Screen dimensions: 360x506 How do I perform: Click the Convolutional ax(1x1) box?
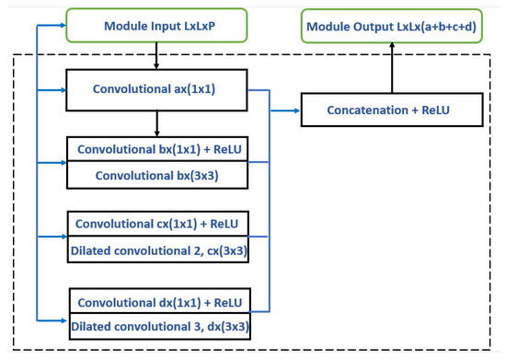point(157,90)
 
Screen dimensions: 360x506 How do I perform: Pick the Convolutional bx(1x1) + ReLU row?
point(157,148)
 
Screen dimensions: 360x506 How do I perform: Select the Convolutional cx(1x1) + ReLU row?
point(157,224)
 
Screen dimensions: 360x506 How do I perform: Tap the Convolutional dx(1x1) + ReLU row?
point(157,302)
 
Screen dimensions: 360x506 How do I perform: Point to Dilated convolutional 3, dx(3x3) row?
point(157,325)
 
